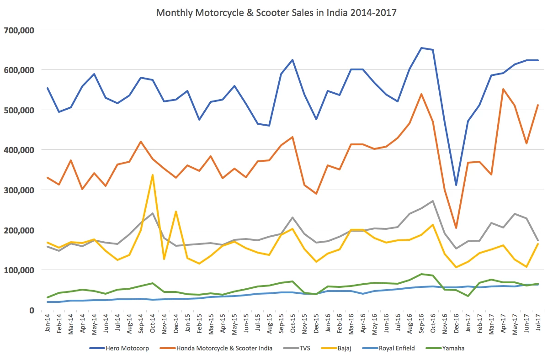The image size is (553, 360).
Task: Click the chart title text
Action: pyautogui.click(x=276, y=13)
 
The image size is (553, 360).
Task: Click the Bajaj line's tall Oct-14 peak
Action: pyautogui.click(x=153, y=175)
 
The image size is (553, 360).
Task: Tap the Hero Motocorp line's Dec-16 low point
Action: pyautogui.click(x=456, y=185)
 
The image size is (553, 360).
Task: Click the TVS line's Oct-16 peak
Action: pyautogui.click(x=432, y=201)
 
